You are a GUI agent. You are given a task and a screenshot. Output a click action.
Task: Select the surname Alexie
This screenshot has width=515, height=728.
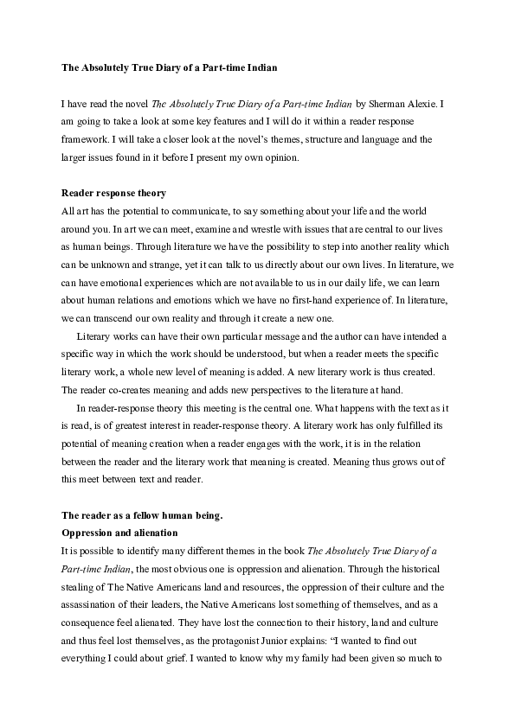(426, 104)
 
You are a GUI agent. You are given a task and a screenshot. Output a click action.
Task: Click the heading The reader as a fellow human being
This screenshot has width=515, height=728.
(142, 516)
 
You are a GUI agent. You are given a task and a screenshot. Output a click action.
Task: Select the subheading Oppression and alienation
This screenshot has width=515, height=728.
(119, 533)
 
